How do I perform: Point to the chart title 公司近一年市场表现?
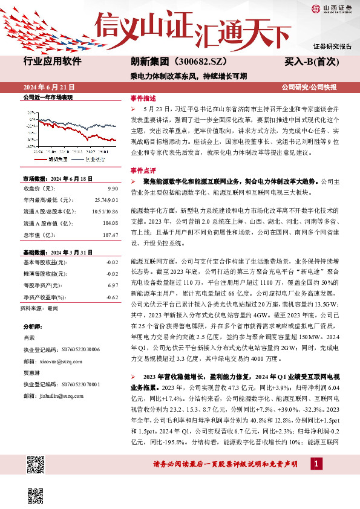click(x=47, y=97)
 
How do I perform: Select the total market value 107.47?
click(x=110, y=235)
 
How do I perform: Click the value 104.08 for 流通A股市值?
click(x=110, y=223)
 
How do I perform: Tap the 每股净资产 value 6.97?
click(x=113, y=285)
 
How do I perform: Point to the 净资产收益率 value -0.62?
click(x=112, y=297)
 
